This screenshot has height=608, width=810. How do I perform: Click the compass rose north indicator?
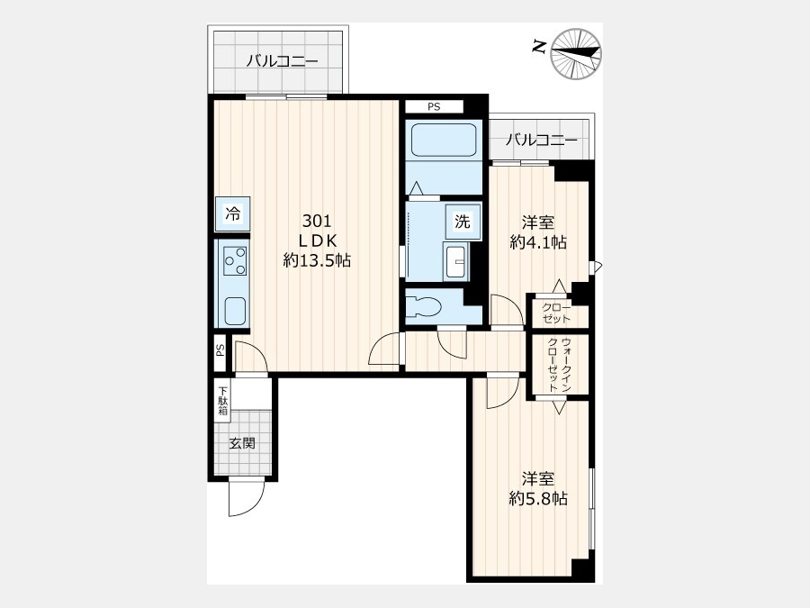(576, 54)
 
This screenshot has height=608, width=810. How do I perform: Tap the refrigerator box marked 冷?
(233, 213)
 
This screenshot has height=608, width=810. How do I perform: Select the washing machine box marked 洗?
(463, 222)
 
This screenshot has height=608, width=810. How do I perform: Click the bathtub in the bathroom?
(443, 140)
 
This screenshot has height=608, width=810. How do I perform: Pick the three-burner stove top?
(235, 261)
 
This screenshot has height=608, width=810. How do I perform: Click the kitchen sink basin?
(235, 312)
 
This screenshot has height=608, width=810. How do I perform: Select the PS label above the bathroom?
(434, 107)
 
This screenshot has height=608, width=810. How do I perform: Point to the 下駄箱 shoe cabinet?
(222, 401)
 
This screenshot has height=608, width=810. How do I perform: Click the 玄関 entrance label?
(242, 443)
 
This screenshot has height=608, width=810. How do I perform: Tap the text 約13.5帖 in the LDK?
(317, 260)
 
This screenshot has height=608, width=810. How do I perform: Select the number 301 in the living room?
(317, 222)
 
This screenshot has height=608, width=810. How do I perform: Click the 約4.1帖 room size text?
(538, 242)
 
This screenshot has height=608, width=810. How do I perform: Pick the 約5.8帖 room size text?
(538, 498)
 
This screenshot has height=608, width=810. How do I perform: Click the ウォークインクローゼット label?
(560, 365)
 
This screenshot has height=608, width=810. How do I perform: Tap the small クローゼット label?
(556, 313)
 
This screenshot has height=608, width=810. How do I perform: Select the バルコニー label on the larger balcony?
(282, 61)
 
